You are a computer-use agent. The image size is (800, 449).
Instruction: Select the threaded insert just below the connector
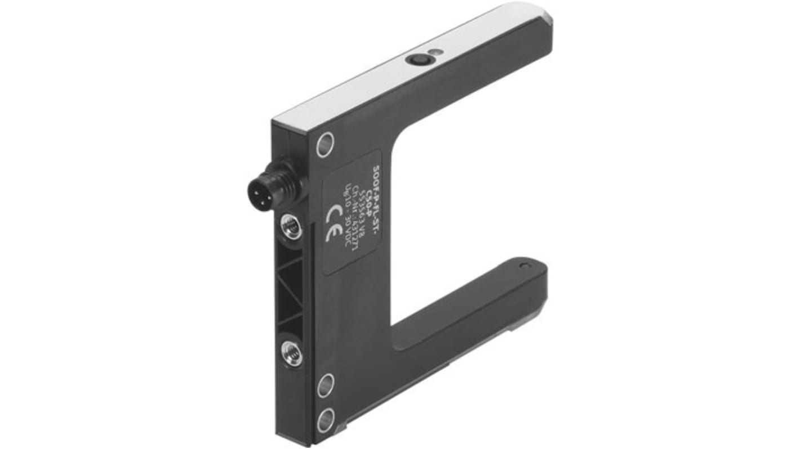click(x=291, y=226)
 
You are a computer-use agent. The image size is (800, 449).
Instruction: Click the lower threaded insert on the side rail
click(x=292, y=353)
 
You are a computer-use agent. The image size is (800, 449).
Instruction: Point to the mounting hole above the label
click(x=325, y=144)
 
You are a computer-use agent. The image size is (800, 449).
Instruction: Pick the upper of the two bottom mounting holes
click(x=326, y=385)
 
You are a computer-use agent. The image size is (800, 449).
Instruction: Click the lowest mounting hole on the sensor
click(x=326, y=419)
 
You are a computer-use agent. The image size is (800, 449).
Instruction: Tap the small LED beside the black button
click(x=432, y=53)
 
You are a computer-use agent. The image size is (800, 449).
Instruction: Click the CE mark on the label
click(x=334, y=223)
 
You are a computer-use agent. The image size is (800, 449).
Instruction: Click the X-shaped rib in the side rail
click(x=292, y=290)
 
